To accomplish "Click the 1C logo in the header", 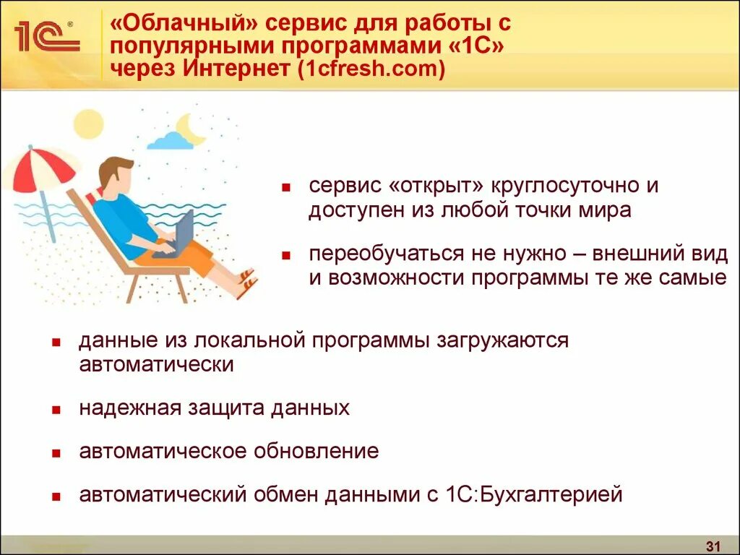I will coord(46,36).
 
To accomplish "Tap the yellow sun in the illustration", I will coord(89,124).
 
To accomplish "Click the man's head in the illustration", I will coord(116,173).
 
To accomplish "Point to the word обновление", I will coord(316,452).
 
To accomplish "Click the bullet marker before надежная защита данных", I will coord(56,410).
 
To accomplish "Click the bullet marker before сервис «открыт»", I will coord(285,188).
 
